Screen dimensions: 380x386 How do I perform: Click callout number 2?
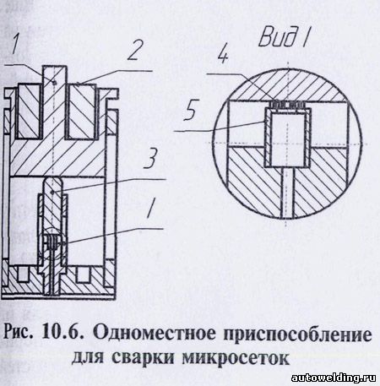134,50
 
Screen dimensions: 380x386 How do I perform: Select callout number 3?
150,158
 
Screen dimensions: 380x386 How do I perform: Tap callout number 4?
223,55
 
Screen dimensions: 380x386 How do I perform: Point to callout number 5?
191,110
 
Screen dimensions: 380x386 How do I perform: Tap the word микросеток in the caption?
236,360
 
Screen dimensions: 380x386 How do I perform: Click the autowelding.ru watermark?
334,378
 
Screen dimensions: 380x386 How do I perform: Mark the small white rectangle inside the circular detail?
287,139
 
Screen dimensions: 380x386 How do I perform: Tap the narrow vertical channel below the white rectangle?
287,193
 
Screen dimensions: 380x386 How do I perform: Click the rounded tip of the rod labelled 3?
52,183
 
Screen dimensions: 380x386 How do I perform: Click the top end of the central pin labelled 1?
55,67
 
